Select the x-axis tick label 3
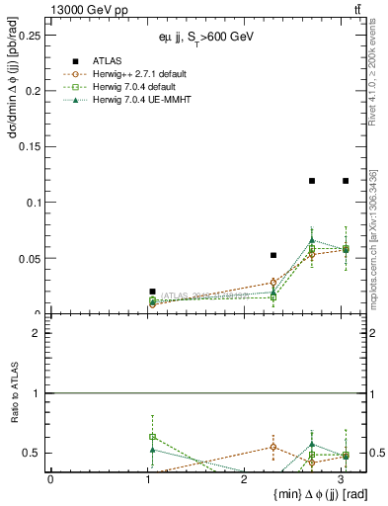(340, 479)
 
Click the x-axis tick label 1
(146, 479)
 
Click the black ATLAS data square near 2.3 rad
(273, 255)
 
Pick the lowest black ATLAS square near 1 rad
(152, 292)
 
